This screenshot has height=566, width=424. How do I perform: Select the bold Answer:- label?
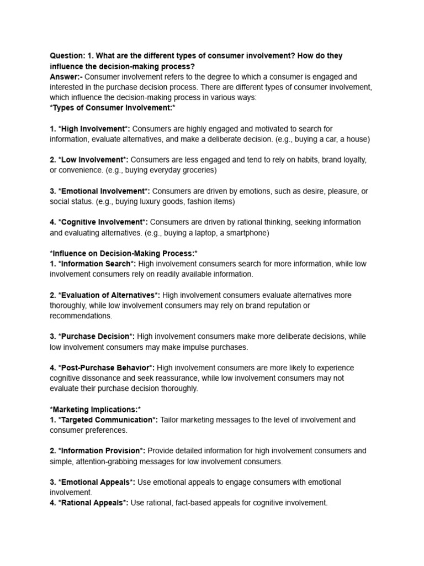(66, 76)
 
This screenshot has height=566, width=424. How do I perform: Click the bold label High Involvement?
(94, 129)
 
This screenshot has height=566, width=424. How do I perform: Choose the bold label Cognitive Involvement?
(103, 222)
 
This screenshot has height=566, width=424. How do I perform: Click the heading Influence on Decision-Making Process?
(124, 253)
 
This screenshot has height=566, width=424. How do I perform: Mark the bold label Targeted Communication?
(108, 420)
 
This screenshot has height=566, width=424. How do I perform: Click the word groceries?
(197, 170)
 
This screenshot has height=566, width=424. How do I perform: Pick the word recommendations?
(81, 316)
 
